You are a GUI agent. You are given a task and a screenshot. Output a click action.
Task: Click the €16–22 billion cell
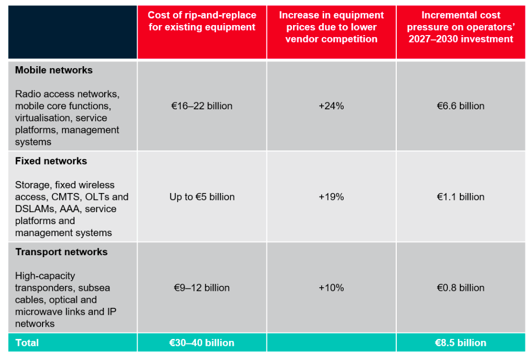(x=202, y=106)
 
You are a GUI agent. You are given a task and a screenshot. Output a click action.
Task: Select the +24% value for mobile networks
(x=331, y=106)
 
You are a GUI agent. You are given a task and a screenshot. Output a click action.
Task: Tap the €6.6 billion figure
(x=460, y=106)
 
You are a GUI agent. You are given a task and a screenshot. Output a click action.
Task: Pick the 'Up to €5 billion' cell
(x=202, y=197)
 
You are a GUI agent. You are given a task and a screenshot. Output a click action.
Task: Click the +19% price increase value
(x=331, y=197)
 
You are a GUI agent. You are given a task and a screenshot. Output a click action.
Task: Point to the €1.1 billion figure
(x=460, y=197)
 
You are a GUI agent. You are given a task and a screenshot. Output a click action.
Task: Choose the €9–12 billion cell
(x=202, y=288)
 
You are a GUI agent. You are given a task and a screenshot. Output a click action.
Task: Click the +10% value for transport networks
(x=331, y=288)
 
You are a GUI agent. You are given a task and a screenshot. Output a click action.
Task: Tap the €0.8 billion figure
(x=460, y=288)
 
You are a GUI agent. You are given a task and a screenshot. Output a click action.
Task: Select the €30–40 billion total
(x=202, y=343)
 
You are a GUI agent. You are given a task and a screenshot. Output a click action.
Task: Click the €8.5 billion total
(x=460, y=343)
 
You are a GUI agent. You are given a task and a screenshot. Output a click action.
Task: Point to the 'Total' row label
(x=27, y=343)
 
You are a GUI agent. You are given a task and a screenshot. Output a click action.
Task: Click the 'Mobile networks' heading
(x=54, y=70)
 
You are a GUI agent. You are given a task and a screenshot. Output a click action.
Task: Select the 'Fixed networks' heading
(x=51, y=161)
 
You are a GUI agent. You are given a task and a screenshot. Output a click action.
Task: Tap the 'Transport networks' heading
(x=61, y=252)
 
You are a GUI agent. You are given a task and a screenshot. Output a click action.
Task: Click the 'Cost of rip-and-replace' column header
(x=202, y=21)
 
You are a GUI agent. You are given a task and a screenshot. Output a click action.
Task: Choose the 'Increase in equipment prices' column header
(x=331, y=27)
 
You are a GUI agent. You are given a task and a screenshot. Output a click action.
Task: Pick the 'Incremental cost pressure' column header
(x=460, y=27)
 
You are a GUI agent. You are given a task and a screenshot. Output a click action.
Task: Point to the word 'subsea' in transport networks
(x=94, y=288)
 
